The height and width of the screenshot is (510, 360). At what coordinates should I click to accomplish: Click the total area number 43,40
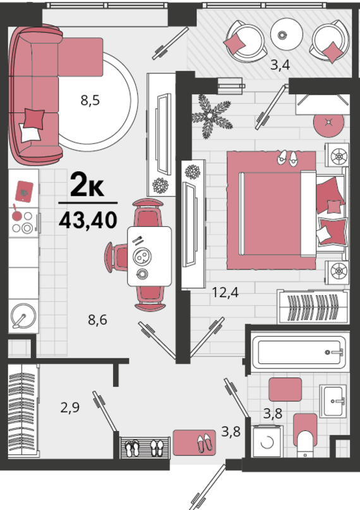88,220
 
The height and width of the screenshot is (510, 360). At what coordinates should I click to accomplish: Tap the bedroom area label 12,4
225,293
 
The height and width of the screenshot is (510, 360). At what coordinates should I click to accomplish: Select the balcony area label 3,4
280,65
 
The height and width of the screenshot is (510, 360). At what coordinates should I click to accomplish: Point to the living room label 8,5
90,100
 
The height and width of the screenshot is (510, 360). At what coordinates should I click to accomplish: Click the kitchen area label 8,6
97,320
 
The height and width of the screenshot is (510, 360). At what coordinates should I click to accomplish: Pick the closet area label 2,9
70,407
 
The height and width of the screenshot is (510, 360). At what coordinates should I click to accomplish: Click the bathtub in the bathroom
299,352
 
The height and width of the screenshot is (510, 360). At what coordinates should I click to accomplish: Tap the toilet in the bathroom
305,436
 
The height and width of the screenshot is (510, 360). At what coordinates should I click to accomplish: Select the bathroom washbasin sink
333,401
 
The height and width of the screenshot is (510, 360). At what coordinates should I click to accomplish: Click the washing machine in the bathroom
268,441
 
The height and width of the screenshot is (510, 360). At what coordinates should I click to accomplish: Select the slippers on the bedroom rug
287,159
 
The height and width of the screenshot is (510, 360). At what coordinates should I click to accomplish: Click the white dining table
150,257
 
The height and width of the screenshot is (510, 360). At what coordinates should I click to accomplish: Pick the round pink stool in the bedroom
328,123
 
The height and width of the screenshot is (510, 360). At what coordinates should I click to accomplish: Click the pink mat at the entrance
195,442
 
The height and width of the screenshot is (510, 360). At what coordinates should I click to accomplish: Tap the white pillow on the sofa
30,133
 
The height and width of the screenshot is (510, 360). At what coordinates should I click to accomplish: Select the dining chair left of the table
116,257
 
